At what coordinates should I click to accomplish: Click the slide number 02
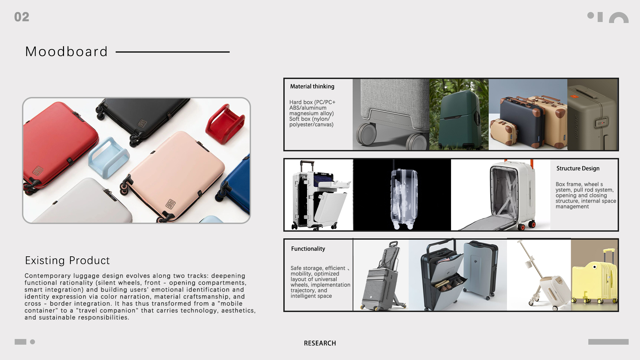tap(22, 17)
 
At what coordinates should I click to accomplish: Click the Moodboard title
tap(67, 52)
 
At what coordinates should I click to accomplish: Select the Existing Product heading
tap(67, 260)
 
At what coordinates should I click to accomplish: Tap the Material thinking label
tap(312, 86)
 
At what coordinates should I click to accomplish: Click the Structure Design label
tap(578, 168)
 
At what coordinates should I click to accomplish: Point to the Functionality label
tap(308, 249)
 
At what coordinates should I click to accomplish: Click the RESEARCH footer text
tap(320, 343)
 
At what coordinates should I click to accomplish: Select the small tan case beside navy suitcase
tap(504, 132)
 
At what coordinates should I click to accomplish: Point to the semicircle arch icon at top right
tap(619, 18)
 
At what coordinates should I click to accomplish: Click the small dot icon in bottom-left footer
tap(32, 342)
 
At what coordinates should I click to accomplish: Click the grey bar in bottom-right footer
tap(608, 342)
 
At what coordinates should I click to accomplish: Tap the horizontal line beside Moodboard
tap(172, 52)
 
